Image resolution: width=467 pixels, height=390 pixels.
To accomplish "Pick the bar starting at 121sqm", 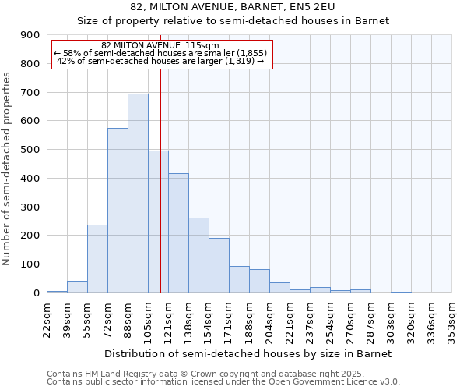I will (178, 233).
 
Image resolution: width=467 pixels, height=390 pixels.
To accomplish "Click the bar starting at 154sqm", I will (219, 265).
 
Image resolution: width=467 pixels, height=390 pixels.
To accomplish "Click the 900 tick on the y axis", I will (30, 35).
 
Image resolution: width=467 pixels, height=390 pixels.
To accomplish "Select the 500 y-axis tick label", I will (30, 150).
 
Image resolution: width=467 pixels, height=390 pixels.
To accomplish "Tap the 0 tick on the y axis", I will (36, 293).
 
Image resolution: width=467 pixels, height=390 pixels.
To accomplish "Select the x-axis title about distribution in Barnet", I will (249, 353).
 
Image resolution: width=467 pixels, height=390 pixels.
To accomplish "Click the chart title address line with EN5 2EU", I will (233, 7).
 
